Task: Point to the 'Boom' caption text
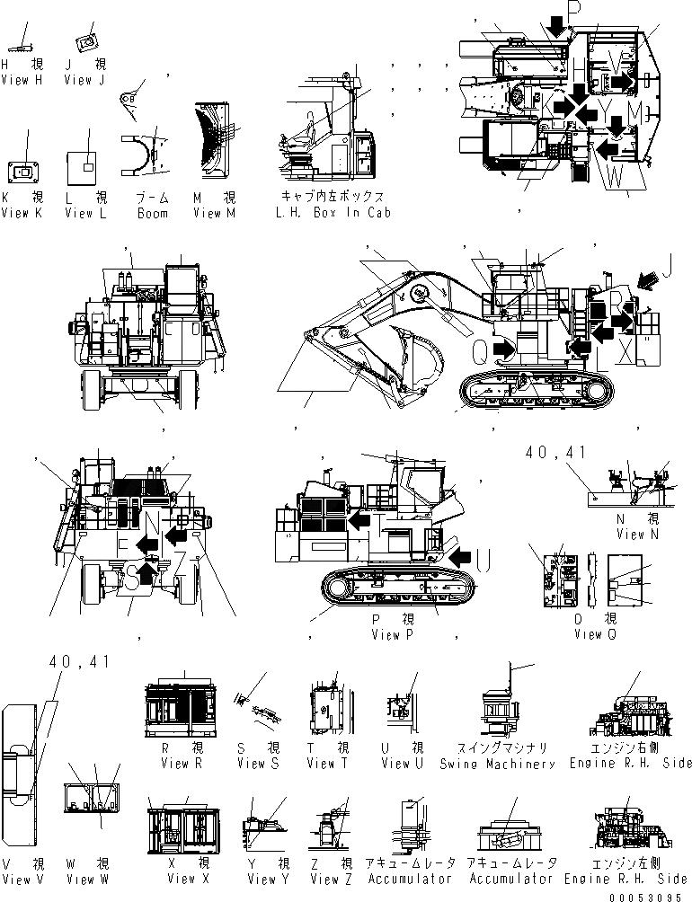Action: (x=153, y=213)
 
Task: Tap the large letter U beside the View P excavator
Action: (x=483, y=561)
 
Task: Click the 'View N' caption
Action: (x=631, y=535)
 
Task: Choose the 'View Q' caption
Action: (x=589, y=634)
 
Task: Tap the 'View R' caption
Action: (x=176, y=764)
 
